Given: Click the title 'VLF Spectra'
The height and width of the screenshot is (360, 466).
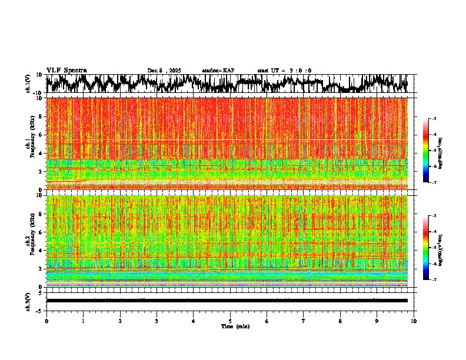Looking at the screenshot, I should click(x=66, y=71).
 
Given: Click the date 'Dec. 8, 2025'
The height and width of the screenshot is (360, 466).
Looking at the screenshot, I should click(x=164, y=71).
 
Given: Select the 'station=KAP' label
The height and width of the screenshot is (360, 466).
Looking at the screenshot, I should click(x=218, y=71).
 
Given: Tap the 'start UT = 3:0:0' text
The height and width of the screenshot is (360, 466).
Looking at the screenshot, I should click(x=284, y=71).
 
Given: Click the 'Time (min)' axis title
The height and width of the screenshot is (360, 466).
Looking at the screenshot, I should click(x=235, y=326).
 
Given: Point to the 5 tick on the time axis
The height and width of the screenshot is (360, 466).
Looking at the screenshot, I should click(x=230, y=321).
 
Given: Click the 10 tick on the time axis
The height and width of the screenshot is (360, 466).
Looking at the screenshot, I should click(x=414, y=321).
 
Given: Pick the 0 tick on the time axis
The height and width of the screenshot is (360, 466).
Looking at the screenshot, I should click(x=46, y=321).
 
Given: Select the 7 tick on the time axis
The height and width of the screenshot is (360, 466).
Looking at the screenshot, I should click(x=304, y=321).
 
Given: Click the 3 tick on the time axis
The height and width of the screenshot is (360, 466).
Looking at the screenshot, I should click(x=157, y=321).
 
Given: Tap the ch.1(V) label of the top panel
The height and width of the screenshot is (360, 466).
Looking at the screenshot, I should click(x=28, y=84).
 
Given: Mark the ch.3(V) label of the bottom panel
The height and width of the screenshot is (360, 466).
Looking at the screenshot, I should click(x=28, y=300).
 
